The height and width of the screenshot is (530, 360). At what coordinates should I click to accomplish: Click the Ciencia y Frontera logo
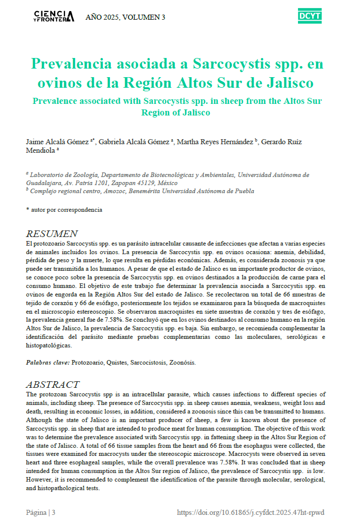click(x=54, y=16)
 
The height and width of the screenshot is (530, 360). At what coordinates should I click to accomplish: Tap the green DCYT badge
click(x=310, y=16)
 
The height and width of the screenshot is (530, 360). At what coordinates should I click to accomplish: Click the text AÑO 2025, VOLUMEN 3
click(x=125, y=17)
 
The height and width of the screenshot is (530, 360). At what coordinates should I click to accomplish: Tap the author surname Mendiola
click(x=41, y=150)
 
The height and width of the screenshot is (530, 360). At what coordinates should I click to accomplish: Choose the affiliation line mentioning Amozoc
click(x=141, y=191)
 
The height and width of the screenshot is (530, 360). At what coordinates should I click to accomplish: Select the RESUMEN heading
click(x=51, y=234)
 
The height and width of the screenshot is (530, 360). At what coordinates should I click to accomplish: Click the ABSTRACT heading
click(x=52, y=385)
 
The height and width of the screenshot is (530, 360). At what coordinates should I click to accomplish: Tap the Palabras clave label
click(x=48, y=362)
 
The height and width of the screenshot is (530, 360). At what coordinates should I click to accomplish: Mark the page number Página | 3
click(x=41, y=512)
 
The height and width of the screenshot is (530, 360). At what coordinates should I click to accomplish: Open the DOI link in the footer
click(x=251, y=512)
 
